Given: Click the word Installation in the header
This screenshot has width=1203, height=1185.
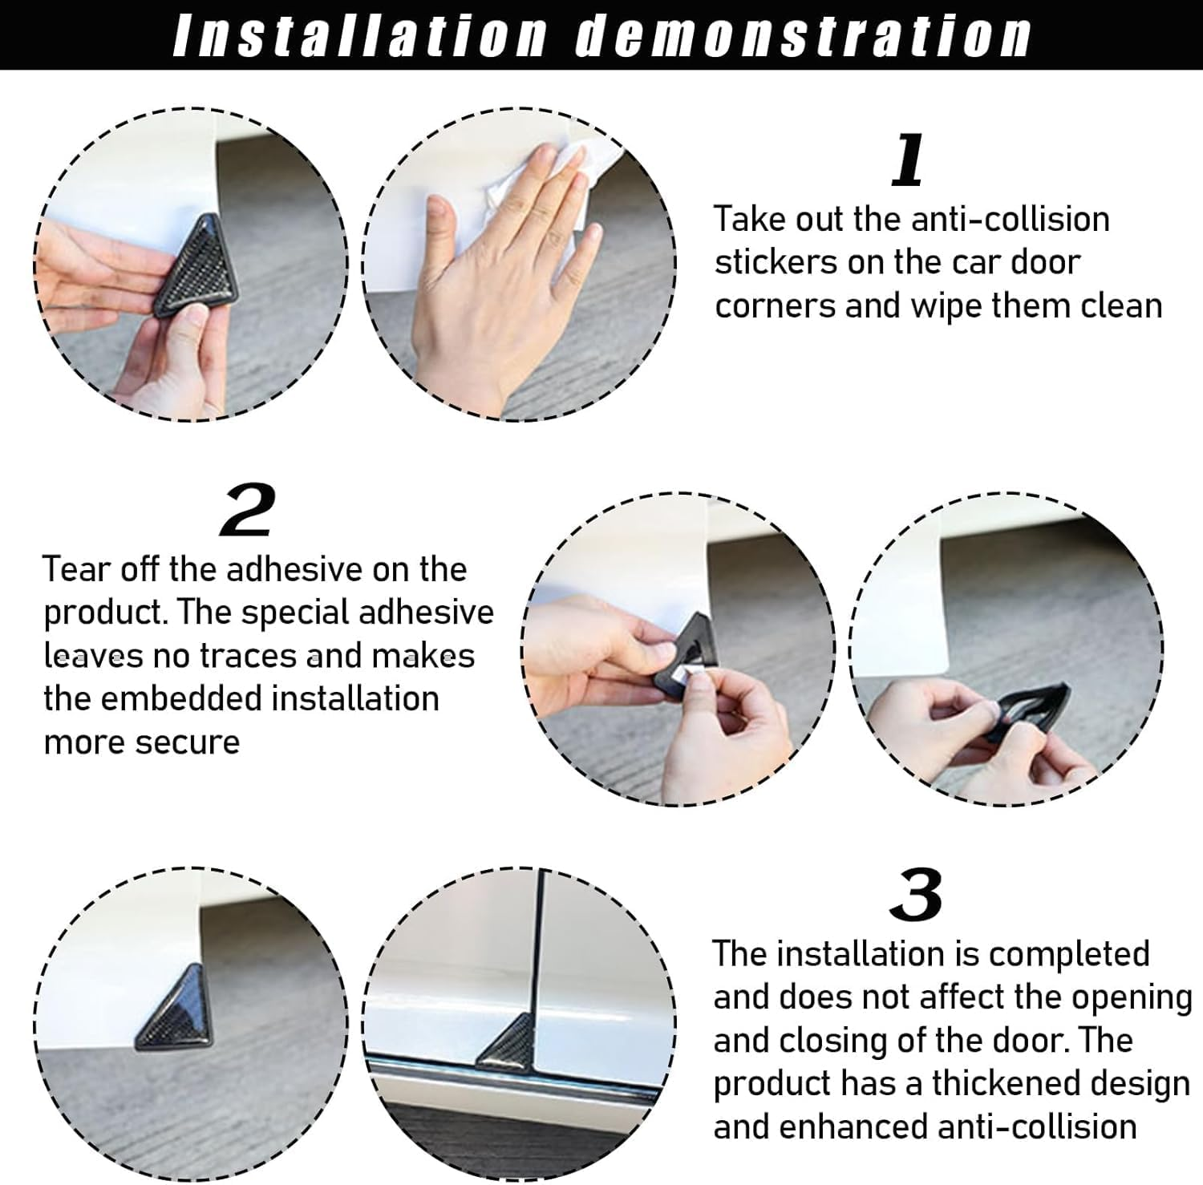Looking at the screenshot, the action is point(360,35).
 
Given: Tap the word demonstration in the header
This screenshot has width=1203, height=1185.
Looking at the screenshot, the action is point(804,35).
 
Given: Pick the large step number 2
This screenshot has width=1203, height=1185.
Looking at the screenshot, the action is point(247,510).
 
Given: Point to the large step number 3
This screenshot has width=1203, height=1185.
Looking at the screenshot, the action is point(916,895).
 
